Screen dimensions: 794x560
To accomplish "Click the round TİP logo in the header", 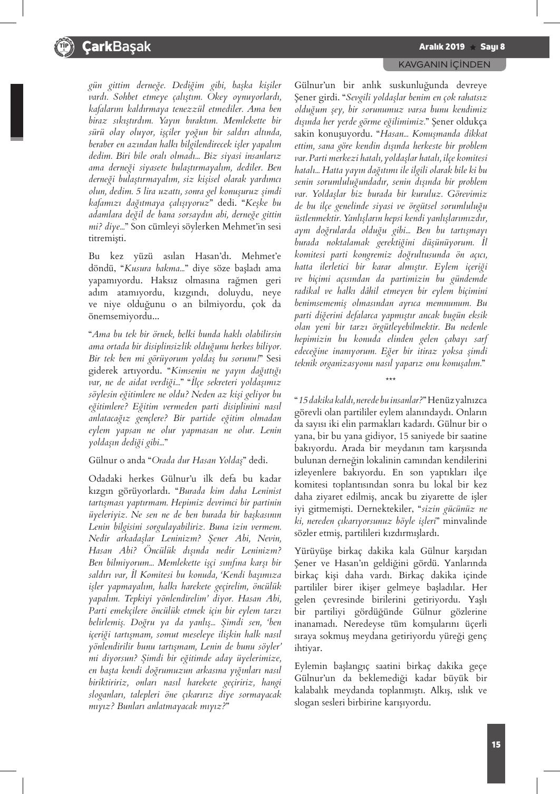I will point(62,47).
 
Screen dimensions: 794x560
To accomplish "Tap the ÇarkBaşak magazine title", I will point(117,47).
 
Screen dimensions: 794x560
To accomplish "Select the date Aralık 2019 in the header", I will point(442,47).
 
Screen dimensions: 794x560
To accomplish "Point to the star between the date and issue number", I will point(472,47).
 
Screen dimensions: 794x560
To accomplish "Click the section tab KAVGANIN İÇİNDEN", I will point(445,64).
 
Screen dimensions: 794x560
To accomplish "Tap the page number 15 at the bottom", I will point(496,744).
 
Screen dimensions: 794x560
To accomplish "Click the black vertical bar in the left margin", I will point(17,111).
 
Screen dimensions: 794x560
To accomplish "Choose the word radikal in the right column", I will point(310,291).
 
